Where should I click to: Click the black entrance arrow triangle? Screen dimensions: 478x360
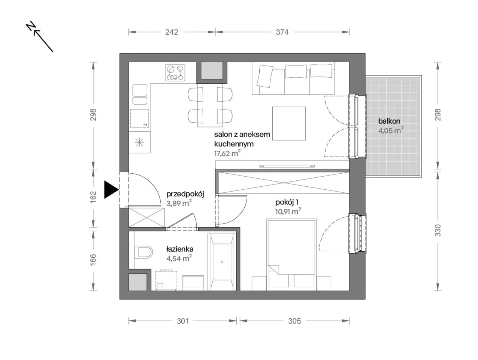click(110, 190)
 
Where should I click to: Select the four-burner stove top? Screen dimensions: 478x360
click(175, 73)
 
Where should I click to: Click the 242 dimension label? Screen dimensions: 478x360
click(172, 32)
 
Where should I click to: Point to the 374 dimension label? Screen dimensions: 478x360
click(282, 32)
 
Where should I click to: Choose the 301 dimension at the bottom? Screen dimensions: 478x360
click(182, 321)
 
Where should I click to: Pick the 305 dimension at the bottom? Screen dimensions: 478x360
click(294, 321)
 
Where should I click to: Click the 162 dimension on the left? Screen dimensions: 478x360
click(93, 197)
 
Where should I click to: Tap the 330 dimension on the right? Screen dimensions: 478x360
click(438, 230)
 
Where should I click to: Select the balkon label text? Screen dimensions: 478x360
click(389, 121)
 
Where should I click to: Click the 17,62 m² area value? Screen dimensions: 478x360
click(227, 153)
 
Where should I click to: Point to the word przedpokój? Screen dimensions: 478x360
click(185, 194)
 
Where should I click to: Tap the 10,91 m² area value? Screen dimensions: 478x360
click(288, 211)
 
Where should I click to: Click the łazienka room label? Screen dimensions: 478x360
click(180, 249)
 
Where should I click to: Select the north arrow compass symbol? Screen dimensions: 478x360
click(40, 36)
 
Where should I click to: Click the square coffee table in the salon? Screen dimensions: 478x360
click(289, 123)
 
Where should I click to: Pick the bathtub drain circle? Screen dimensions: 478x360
click(222, 262)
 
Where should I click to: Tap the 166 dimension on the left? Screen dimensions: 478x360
click(93, 259)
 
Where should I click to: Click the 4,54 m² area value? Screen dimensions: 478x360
click(179, 258)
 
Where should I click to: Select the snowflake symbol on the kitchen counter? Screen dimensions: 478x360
click(139, 142)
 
